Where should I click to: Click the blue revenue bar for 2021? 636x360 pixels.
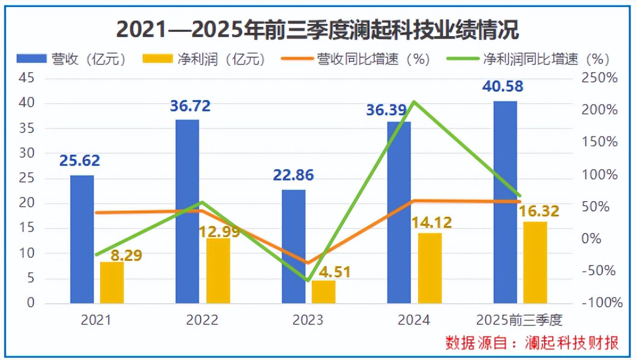click(82, 239)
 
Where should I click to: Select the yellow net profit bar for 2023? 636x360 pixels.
click(324, 292)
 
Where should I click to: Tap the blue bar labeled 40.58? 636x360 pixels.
click(505, 202)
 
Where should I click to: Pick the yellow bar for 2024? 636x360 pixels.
click(430, 268)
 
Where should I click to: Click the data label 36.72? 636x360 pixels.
click(190, 106)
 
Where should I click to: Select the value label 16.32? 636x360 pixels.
click(539, 211)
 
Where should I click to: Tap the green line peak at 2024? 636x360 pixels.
click(414, 101)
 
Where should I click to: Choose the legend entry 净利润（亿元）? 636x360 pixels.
click(204, 59)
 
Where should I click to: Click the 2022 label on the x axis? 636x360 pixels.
click(202, 320)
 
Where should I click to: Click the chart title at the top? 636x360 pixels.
click(317, 30)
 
